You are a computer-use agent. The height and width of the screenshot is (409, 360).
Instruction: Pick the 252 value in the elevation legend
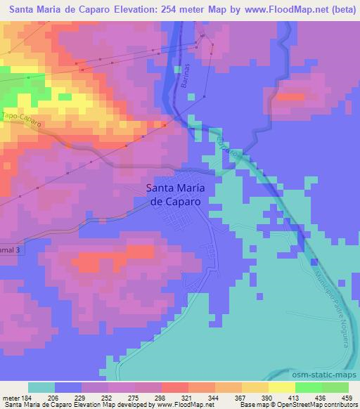(107, 398)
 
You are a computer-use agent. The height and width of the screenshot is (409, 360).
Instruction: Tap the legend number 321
(186, 398)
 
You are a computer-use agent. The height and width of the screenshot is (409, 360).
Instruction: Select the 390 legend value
(266, 398)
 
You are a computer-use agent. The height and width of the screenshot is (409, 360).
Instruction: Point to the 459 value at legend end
(346, 398)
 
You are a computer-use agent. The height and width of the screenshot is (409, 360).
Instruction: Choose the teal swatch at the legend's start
(41, 387)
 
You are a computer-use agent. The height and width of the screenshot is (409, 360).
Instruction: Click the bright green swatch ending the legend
(335, 387)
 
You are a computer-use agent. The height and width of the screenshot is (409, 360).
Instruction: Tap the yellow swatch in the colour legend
(281, 387)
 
